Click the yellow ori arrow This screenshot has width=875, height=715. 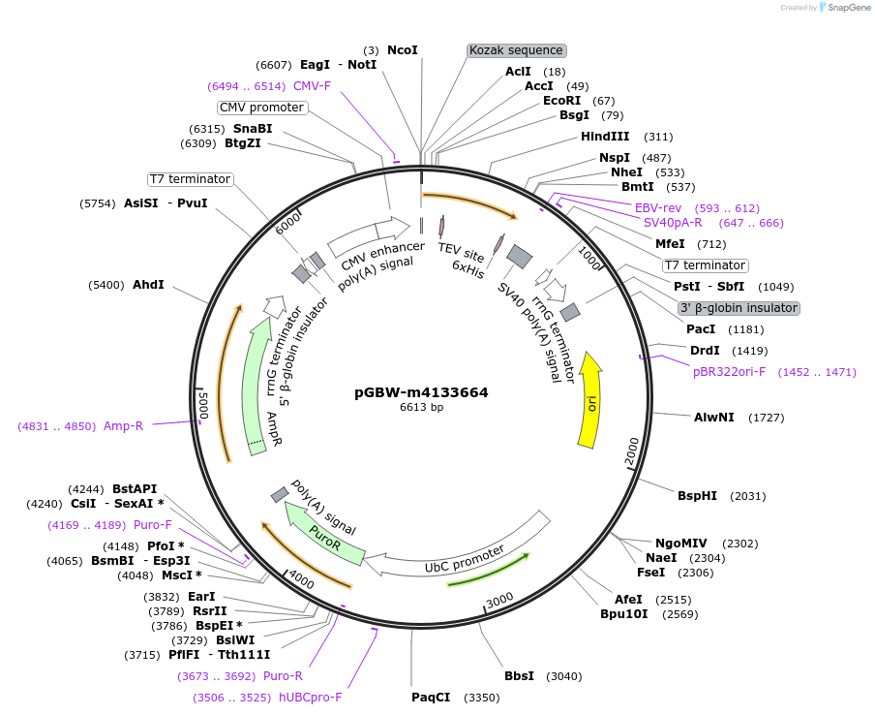tap(589, 401)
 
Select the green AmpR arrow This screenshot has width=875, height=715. tap(256, 388)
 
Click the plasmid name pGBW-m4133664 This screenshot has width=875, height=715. tap(421, 392)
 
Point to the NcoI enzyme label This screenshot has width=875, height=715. tap(402, 49)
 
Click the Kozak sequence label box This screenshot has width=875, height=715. tap(516, 50)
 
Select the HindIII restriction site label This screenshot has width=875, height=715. tap(605, 137)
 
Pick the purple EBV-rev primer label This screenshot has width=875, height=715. tap(658, 207)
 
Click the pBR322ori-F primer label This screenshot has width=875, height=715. tap(729, 371)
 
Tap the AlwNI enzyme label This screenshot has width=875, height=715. tap(713, 417)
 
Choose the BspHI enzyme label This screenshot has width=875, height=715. tap(697, 495)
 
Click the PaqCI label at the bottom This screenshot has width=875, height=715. tap(431, 697)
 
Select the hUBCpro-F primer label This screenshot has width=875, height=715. tap(310, 697)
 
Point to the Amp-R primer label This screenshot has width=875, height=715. tap(123, 425)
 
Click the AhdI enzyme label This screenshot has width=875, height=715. tap(148, 285)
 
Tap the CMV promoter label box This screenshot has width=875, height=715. tap(261, 108)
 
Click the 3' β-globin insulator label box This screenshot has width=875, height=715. tap(739, 308)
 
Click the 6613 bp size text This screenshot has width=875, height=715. tap(421, 407)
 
